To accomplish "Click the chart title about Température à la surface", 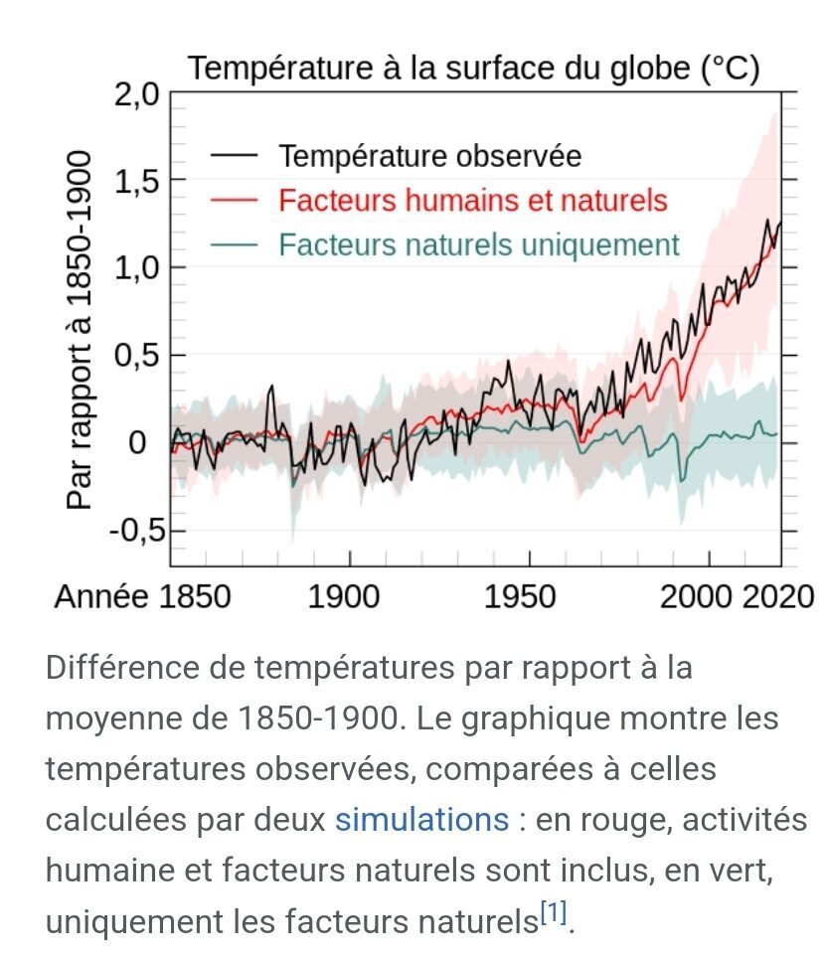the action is coord(473,69).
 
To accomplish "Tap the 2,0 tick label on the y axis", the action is coord(136,95).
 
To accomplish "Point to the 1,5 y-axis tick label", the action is coord(136,181).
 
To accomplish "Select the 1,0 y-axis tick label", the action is coord(136,268).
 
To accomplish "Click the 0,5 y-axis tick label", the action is coord(136,356).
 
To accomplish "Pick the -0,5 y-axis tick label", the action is coord(137,531).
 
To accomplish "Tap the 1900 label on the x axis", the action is coord(344,596).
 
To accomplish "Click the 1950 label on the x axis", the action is coord(520,596).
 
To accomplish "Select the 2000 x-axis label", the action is coord(697,596).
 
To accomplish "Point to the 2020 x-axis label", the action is coord(778,596).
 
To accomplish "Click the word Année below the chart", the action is coord(101,596).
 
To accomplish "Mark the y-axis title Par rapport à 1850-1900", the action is coord(80,330).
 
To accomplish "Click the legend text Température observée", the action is coord(430,156).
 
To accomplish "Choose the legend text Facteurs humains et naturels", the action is coord(473,201).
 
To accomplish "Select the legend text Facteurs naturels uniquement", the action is coord(479,245).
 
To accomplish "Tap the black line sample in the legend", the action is coord(234,155).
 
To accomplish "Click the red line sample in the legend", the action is coord(234,200).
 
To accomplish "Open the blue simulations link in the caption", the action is coord(421,820).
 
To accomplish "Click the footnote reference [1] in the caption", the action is coord(554,912).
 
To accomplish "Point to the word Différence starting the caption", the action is coord(122,668).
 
